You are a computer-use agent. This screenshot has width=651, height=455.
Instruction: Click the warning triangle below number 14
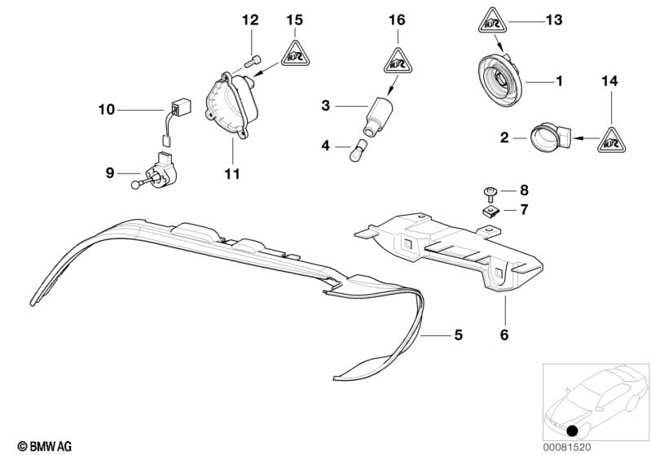(610, 140)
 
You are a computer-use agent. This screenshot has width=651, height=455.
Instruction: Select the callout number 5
(457, 335)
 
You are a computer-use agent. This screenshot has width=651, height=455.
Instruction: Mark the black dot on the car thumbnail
(573, 431)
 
